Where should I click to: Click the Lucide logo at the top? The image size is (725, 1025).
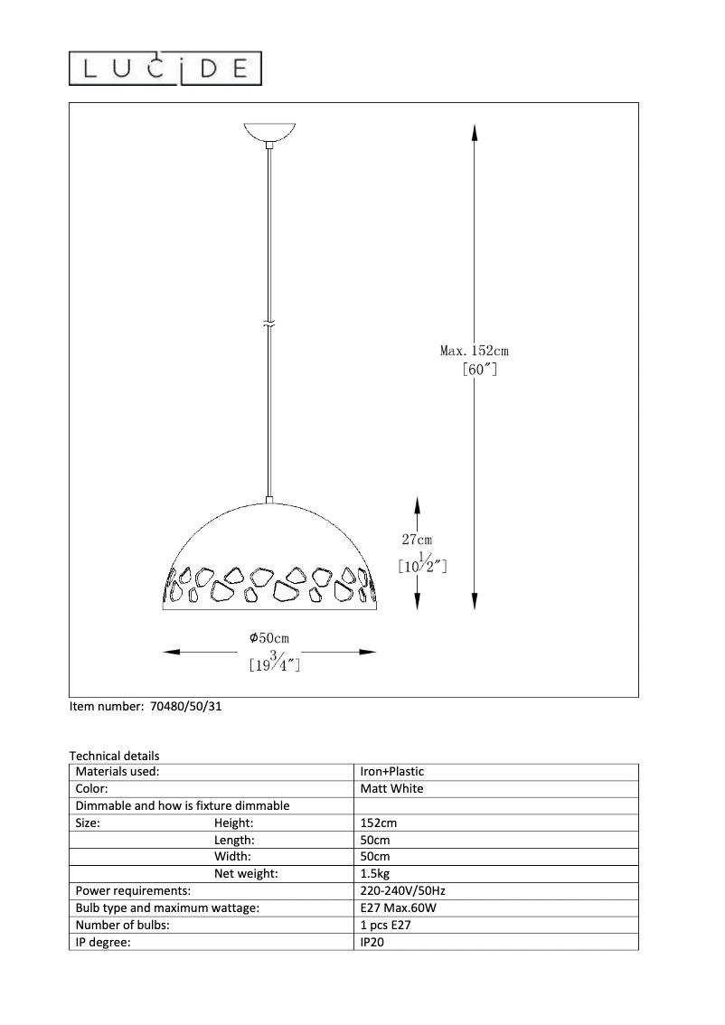[x=166, y=69]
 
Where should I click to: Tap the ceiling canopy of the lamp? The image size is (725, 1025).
[x=270, y=132]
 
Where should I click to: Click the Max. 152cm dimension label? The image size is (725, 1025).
[x=475, y=351]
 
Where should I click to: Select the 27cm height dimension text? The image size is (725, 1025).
[x=417, y=540]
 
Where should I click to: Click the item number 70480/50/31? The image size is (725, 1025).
[x=183, y=708]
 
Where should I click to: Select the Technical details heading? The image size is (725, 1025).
[x=114, y=756]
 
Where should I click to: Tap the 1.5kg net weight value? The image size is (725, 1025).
[x=374, y=874]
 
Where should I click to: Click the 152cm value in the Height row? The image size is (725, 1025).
[x=378, y=823]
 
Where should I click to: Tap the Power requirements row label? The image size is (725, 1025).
[x=133, y=891]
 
